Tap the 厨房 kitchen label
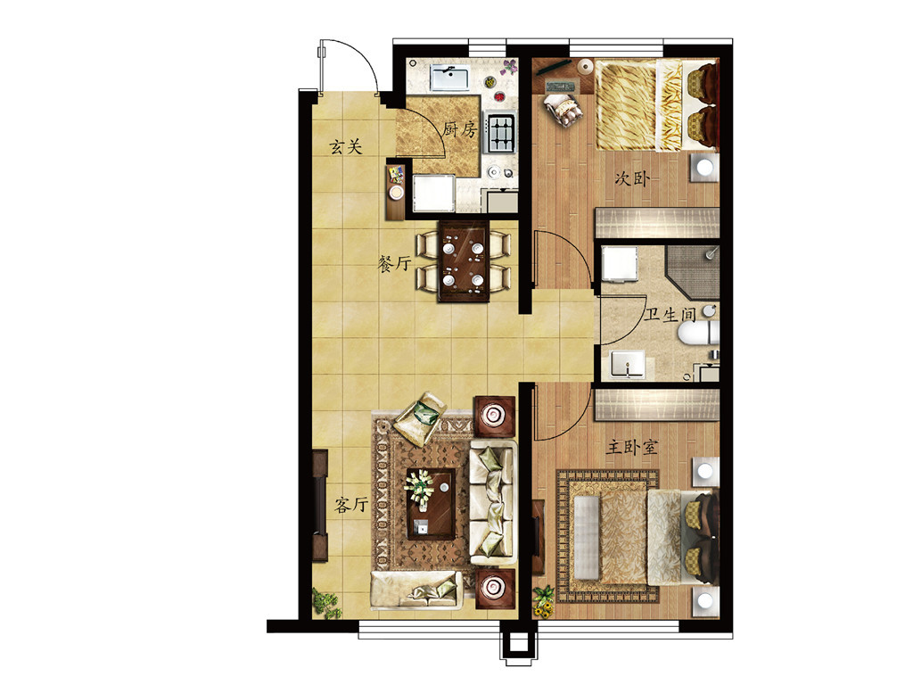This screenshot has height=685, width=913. coord(460,128)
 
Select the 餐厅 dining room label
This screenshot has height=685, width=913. coord(394,264)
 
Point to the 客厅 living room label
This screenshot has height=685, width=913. coord(351,505)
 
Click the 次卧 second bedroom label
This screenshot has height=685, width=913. coord(632,177)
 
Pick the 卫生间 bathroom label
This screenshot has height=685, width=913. coord(670,315)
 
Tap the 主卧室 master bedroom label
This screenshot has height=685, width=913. coord(632,448)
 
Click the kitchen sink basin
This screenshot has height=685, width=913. coord(449,78)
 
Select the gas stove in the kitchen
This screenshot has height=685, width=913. coord(501,132)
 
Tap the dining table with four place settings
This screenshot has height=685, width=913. coord(464,261)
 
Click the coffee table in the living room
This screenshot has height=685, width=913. coord(431,504)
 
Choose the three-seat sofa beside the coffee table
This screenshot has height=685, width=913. coord(492,503)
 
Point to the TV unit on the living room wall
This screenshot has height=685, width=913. coord(319,505)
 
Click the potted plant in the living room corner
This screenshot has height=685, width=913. coord(326,602)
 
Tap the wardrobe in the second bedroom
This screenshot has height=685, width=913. coord(657,222)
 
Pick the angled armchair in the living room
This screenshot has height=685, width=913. coord(420,418)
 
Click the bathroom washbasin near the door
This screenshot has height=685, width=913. coord(627,364)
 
